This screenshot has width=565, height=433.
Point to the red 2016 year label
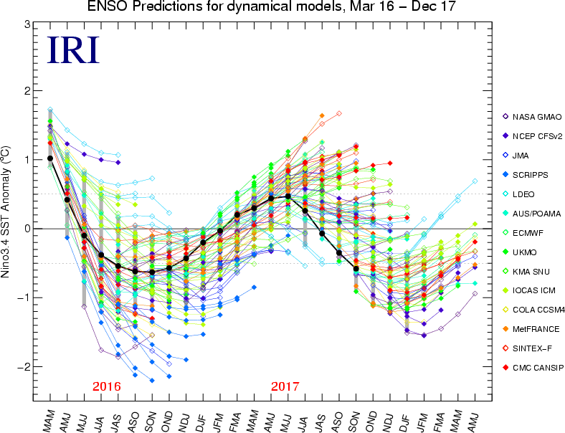106,386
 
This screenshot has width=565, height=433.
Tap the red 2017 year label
285,386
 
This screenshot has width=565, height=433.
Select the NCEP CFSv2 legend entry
535,135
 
